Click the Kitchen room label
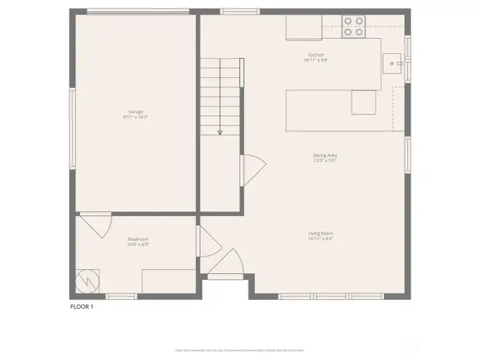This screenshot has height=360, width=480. click(x=316, y=57)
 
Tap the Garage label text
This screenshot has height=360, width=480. click(x=136, y=114)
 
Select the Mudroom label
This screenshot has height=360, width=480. click(x=138, y=241)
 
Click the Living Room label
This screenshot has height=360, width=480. click(x=321, y=235)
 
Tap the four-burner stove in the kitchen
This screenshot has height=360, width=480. click(x=353, y=26)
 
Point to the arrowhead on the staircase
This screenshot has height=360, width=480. click(x=220, y=133)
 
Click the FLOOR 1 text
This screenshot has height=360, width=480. click(x=82, y=307)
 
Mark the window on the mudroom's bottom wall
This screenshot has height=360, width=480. click(x=122, y=296)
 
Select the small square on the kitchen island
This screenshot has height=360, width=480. click(x=364, y=102)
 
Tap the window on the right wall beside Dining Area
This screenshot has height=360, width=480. click(x=407, y=155)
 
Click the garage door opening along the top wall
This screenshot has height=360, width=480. click(x=137, y=11)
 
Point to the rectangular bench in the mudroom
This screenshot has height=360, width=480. click(x=168, y=281)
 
